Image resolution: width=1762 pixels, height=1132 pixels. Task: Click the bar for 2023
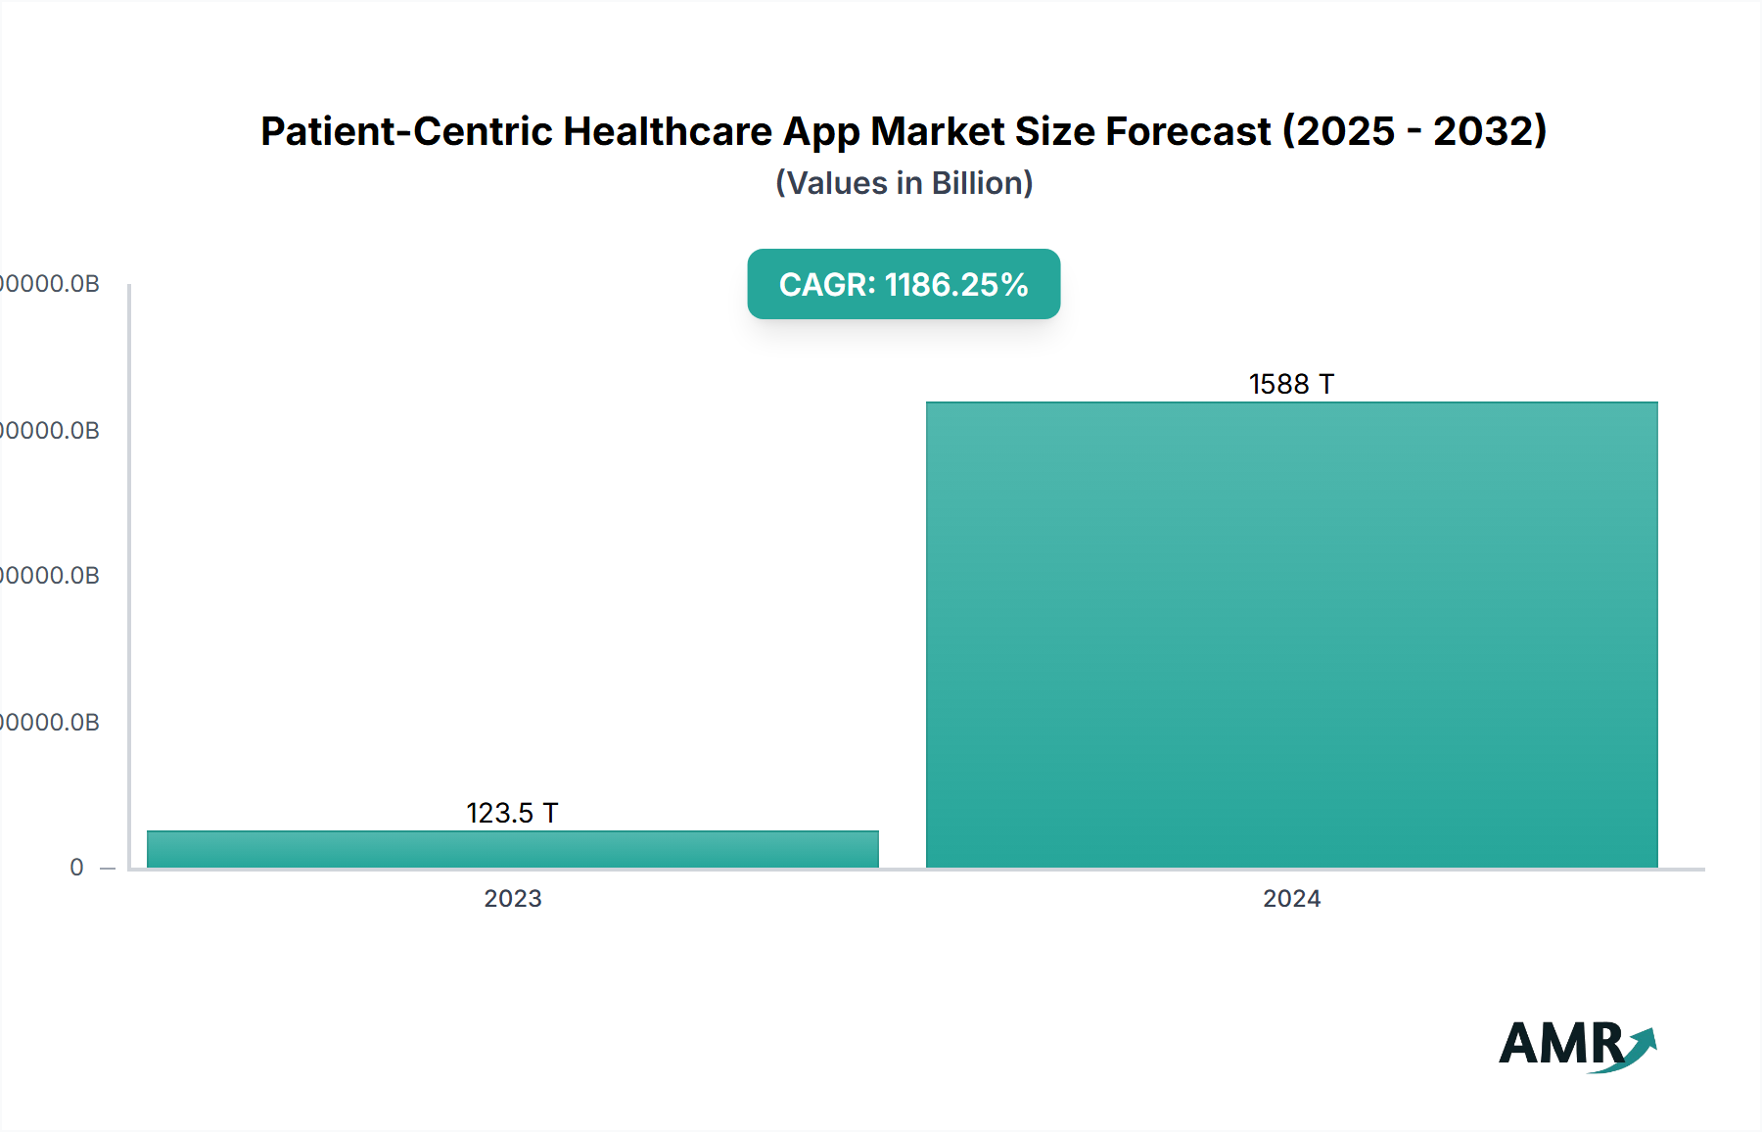[512, 849]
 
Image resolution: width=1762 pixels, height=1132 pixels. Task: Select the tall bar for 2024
[1291, 635]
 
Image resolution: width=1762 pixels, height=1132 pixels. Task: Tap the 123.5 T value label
[512, 813]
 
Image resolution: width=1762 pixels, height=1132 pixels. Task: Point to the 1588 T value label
[1291, 384]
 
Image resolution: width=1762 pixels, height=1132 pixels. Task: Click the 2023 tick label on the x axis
[512, 898]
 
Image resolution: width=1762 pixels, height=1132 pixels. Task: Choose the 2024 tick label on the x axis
[1291, 898]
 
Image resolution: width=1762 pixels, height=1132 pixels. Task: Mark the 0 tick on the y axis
[76, 868]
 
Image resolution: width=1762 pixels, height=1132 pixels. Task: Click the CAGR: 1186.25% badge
[904, 284]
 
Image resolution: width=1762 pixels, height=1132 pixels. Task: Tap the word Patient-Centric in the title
[406, 131]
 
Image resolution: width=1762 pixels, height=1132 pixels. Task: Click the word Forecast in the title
[1187, 131]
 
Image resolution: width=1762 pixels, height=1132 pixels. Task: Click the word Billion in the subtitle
[976, 183]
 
